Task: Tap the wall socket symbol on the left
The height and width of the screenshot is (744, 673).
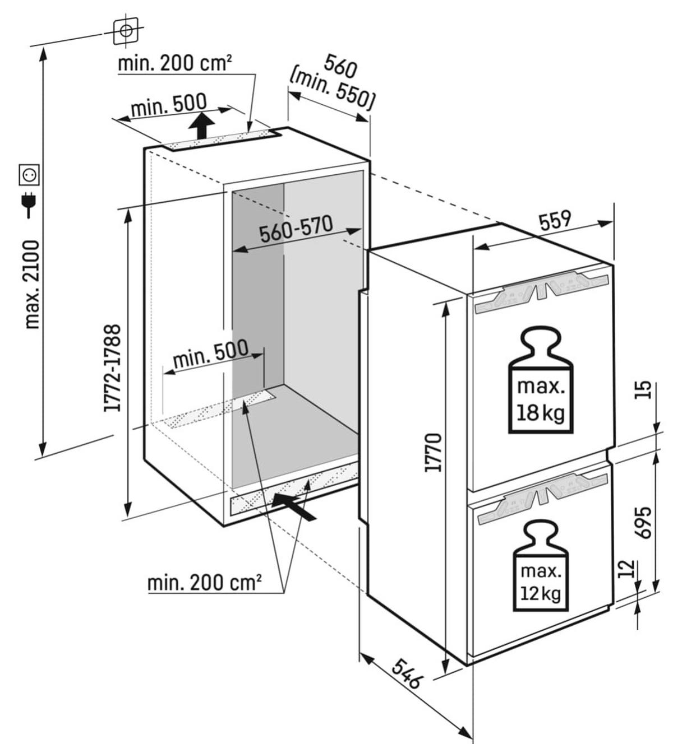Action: click(29, 175)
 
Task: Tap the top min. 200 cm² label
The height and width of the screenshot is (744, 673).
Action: click(174, 63)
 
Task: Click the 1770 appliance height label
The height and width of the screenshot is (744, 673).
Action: click(434, 452)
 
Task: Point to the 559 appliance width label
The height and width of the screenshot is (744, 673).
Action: click(555, 220)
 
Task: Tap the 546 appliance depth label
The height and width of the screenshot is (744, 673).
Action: click(406, 673)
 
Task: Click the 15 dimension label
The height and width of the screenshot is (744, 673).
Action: click(645, 389)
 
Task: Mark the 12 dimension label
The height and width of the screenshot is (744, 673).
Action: click(628, 569)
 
